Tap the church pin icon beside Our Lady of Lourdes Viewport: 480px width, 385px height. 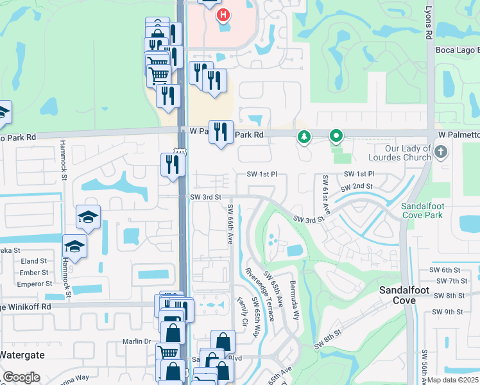pos(440,152)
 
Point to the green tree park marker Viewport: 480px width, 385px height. pos(304,136)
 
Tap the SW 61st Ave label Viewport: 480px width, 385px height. pos(326,195)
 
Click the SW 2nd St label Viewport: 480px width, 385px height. pos(356,187)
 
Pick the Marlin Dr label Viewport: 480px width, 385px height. pos(137,341)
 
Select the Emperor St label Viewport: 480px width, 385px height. pos(34,282)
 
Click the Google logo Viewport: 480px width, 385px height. pos(21,377)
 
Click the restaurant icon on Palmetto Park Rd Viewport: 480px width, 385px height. pos(221,132)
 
